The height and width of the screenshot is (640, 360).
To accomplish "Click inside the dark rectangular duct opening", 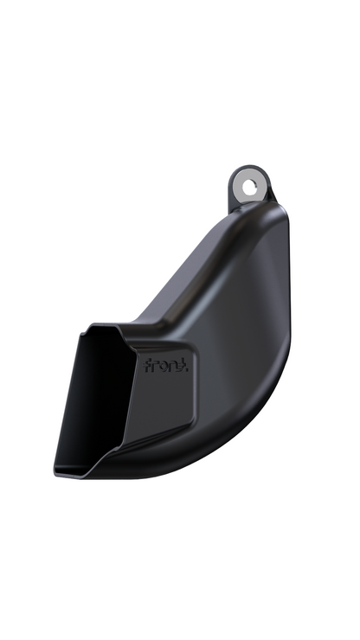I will tap(95, 398).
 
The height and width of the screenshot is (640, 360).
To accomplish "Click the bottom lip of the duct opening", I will tap(91, 472).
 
